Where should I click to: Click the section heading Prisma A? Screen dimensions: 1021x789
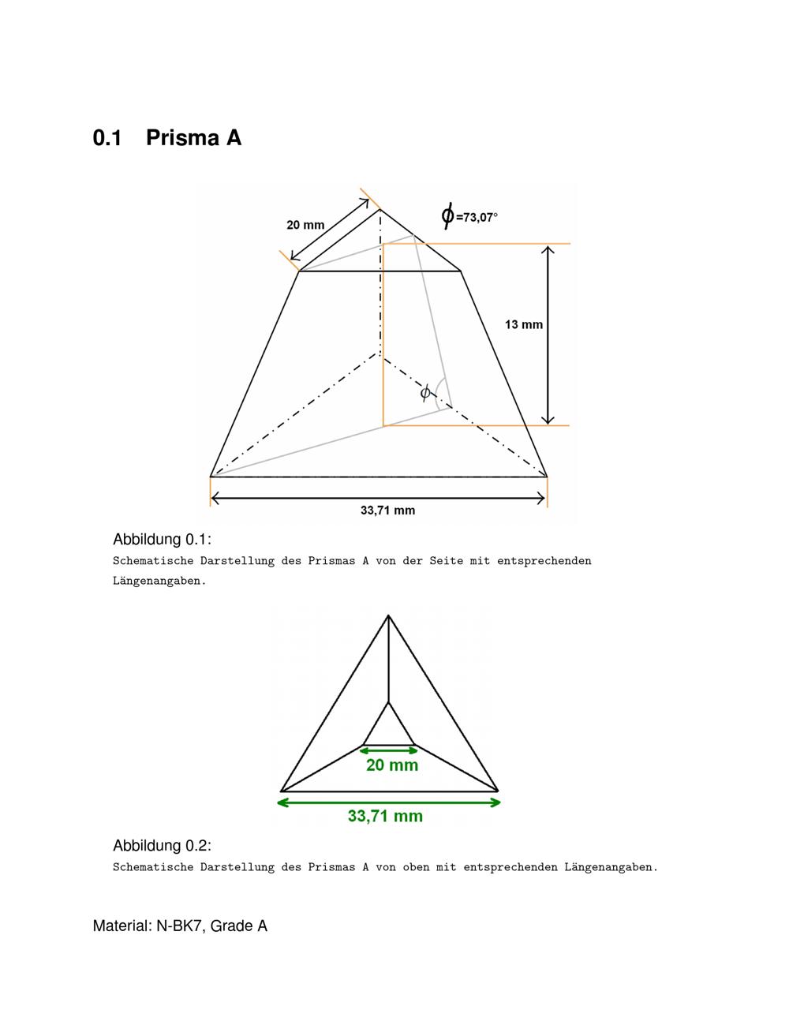[193, 138]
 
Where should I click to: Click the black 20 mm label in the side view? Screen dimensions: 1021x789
[305, 225]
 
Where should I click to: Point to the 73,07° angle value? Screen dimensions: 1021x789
[480, 217]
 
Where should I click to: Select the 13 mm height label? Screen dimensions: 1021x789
[524, 324]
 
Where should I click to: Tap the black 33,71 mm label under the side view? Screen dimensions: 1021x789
[387, 510]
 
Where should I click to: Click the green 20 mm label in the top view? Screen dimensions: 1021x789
[392, 765]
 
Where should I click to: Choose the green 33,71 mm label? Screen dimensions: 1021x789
[385, 817]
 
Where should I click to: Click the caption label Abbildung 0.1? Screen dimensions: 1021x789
[162, 540]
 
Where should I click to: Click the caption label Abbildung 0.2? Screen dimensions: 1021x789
[162, 846]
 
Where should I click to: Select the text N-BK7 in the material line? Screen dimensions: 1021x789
[175, 926]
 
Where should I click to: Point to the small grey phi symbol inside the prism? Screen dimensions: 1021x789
[425, 392]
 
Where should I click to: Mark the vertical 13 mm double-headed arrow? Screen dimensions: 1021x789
[549, 335]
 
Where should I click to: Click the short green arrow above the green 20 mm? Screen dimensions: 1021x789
[390, 750]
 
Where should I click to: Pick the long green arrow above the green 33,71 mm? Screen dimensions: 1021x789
[389, 802]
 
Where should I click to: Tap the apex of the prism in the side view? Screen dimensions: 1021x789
[380, 209]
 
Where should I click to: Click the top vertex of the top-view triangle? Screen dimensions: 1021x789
[388, 615]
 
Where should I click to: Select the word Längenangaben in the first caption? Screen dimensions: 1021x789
[159, 582]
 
